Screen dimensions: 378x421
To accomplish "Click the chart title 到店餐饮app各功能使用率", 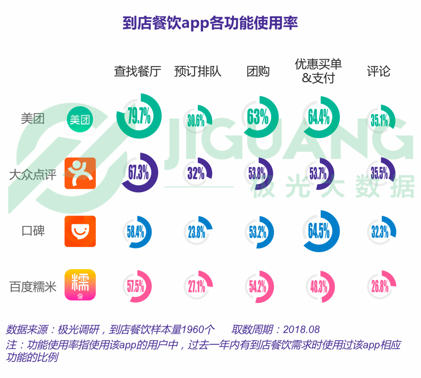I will (210, 22).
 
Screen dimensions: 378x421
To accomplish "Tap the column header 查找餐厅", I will (138, 71).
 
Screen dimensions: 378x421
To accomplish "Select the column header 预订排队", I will (198, 71).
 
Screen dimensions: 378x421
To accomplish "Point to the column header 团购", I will (258, 71).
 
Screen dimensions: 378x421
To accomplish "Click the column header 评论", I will (379, 71).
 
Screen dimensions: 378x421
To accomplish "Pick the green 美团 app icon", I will (80, 120).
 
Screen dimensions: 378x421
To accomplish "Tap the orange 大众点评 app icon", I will (80, 173).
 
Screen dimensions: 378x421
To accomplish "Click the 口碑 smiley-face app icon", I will (80, 231).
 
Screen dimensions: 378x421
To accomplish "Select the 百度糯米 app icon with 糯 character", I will (80, 285).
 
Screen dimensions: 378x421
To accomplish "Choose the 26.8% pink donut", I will (380, 287).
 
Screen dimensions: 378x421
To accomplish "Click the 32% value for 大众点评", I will (196, 173).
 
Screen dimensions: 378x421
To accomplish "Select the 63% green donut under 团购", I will (259, 117).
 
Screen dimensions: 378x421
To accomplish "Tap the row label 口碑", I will (33, 231).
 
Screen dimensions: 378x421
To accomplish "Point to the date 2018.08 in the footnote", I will (301, 329).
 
